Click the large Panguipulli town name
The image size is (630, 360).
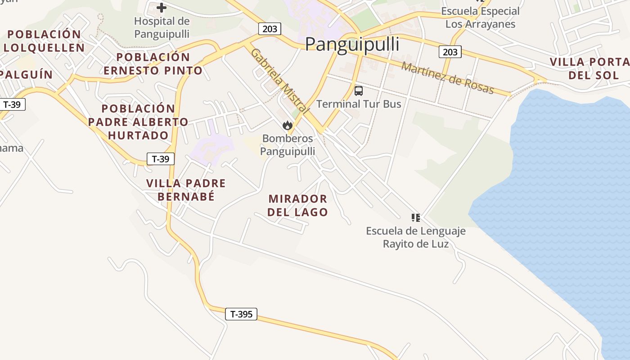pos(352,45)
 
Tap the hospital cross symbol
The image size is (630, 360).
pos(162,7)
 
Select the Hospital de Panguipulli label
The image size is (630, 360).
pos(162,27)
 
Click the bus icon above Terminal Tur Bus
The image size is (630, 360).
pos(359,91)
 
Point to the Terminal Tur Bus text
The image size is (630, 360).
pos(359,104)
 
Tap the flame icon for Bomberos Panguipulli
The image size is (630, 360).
pos(288,126)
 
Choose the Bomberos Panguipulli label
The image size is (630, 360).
pos(288,145)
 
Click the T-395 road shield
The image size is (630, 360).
pos(241,314)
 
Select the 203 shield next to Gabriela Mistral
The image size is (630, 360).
pos(270,29)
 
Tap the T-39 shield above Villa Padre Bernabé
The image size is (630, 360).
pos(161,159)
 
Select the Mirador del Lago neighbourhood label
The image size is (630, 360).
pos(297,205)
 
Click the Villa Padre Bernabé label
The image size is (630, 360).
pos(186,190)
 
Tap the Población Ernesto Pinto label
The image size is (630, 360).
pos(153,64)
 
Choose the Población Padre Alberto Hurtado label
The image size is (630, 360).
pos(138,122)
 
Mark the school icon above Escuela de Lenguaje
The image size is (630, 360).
pos(416,218)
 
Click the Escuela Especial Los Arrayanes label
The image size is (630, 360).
pos(480,18)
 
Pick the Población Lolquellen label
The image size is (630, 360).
pos(44,41)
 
